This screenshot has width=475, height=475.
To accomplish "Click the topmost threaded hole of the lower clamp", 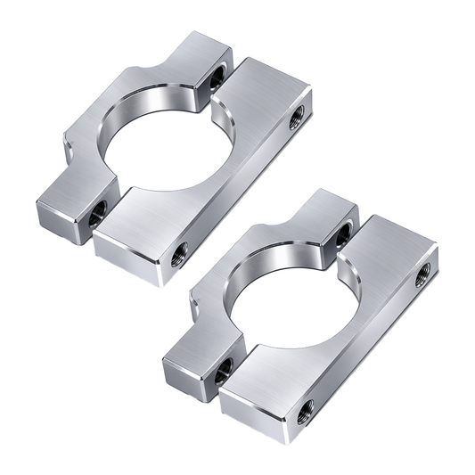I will pyautogui.click(x=342, y=234).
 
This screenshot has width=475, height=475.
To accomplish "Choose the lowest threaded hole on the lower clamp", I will pyautogui.click(x=306, y=409).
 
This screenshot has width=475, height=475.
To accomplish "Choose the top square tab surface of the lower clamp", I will pyautogui.click(x=317, y=210).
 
